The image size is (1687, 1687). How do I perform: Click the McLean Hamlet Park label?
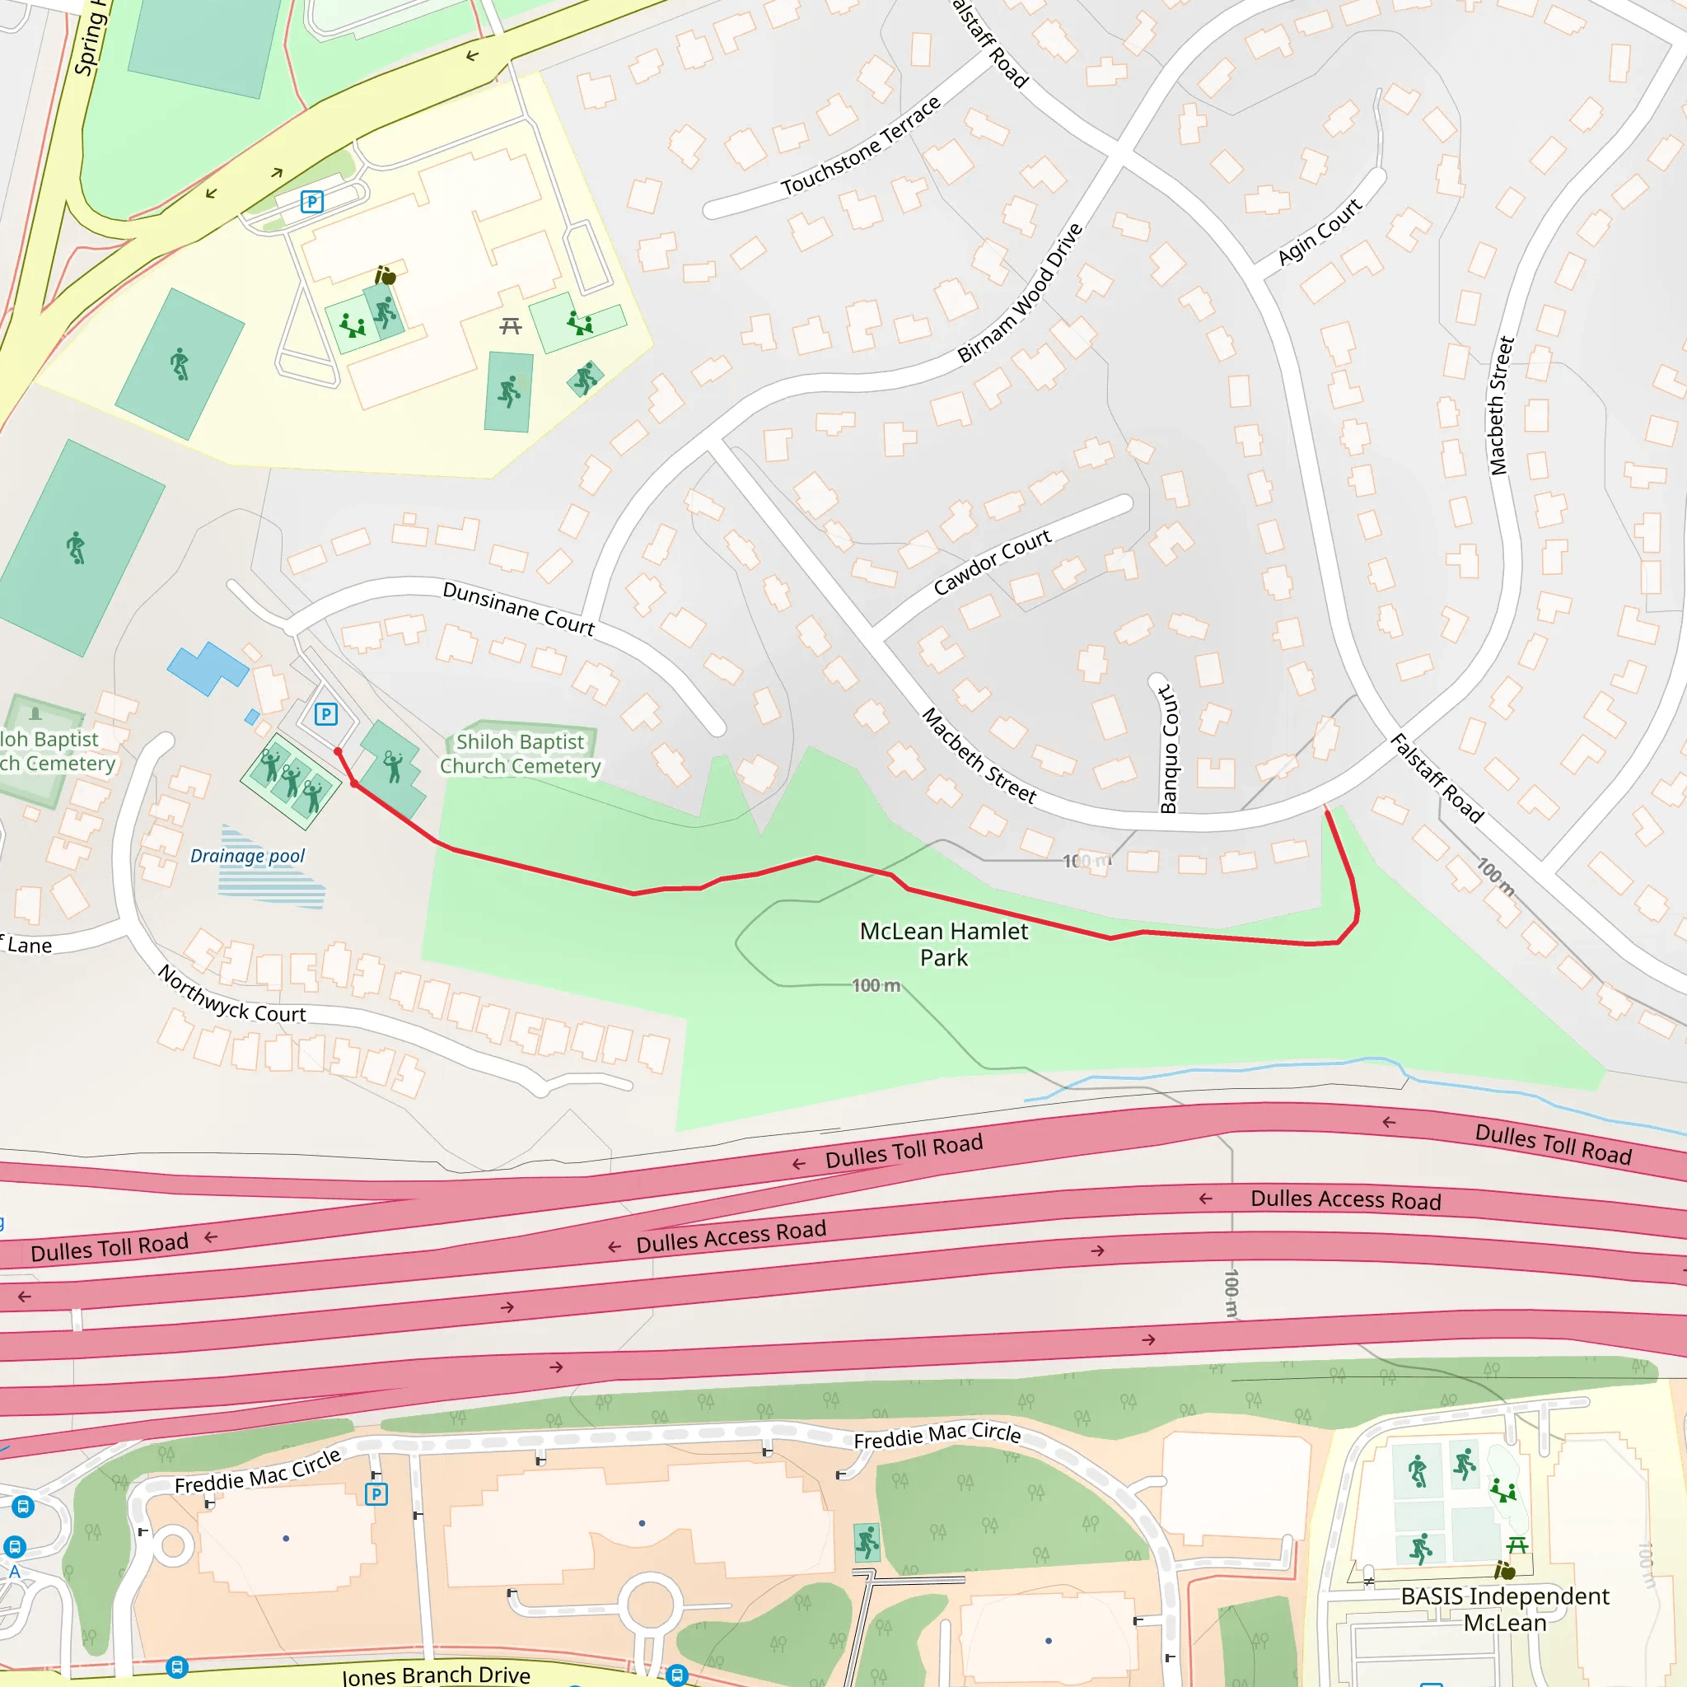[x=944, y=944]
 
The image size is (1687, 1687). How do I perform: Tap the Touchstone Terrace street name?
[x=861, y=145]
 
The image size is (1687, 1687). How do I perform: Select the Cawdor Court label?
[x=992, y=563]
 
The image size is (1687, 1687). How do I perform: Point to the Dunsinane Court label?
[x=519, y=608]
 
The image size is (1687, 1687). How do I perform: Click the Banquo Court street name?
[x=1168, y=750]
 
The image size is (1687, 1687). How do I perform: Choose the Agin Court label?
[x=1319, y=231]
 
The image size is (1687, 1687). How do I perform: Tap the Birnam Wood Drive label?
[x=1020, y=292]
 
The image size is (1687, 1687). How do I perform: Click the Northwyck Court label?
[x=231, y=994]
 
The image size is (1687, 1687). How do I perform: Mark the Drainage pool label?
[x=247, y=856]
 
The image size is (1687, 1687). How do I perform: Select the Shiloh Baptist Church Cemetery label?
[x=521, y=754]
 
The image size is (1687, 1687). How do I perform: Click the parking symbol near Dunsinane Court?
[x=325, y=714]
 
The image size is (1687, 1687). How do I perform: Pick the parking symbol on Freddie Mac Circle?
[x=376, y=1494]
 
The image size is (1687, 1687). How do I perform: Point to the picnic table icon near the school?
[x=511, y=325]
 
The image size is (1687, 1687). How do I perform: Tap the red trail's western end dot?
[x=338, y=751]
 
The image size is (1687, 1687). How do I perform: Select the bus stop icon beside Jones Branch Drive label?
[x=176, y=1667]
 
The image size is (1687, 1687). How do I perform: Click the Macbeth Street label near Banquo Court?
[x=979, y=756]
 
